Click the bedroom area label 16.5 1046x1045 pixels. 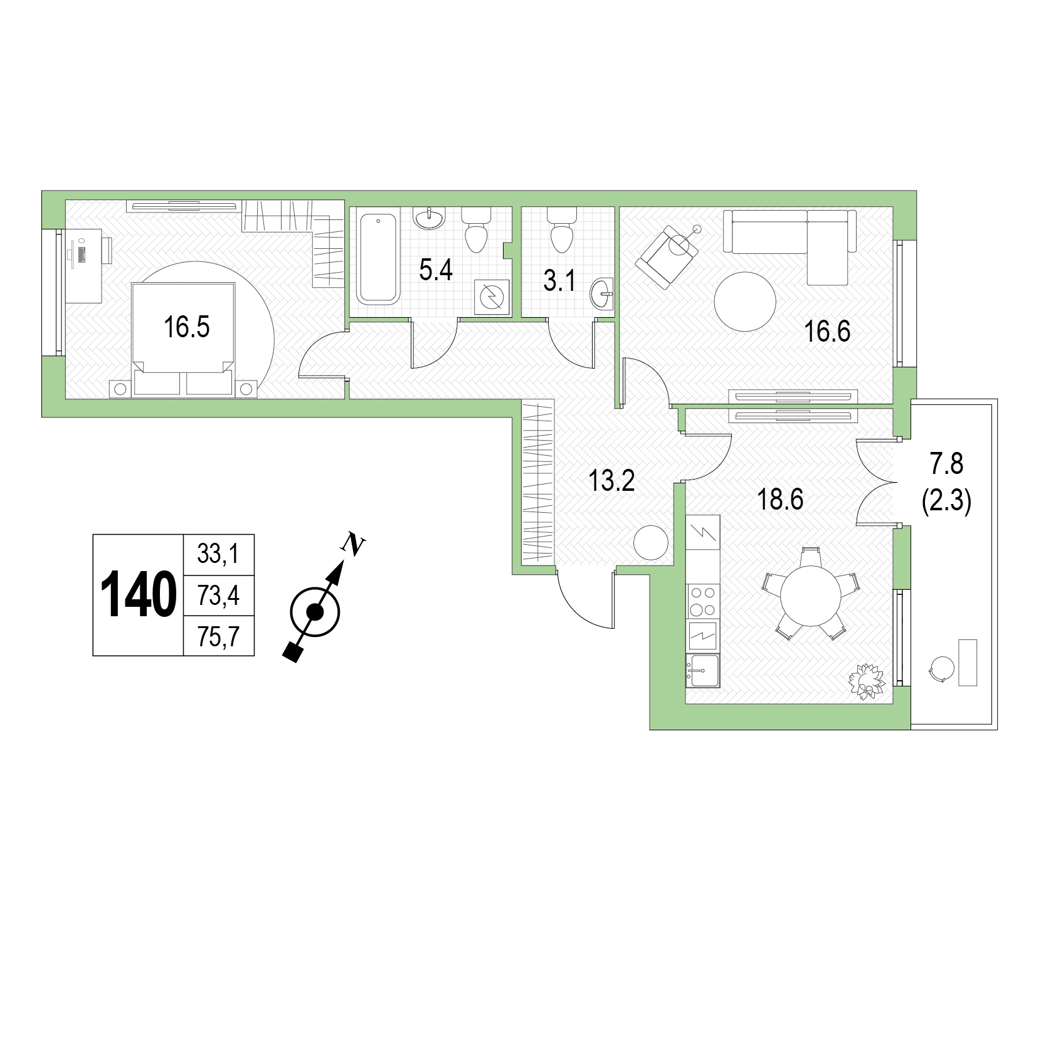186,327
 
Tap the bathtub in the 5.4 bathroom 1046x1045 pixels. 378,258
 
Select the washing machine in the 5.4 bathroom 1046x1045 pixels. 491,296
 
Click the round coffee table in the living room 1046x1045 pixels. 746,301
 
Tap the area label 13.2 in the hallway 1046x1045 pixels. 611,481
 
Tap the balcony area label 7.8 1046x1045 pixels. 947,466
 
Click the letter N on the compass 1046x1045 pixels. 356,545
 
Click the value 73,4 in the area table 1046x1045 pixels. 218,596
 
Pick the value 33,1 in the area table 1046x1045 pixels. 218,554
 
